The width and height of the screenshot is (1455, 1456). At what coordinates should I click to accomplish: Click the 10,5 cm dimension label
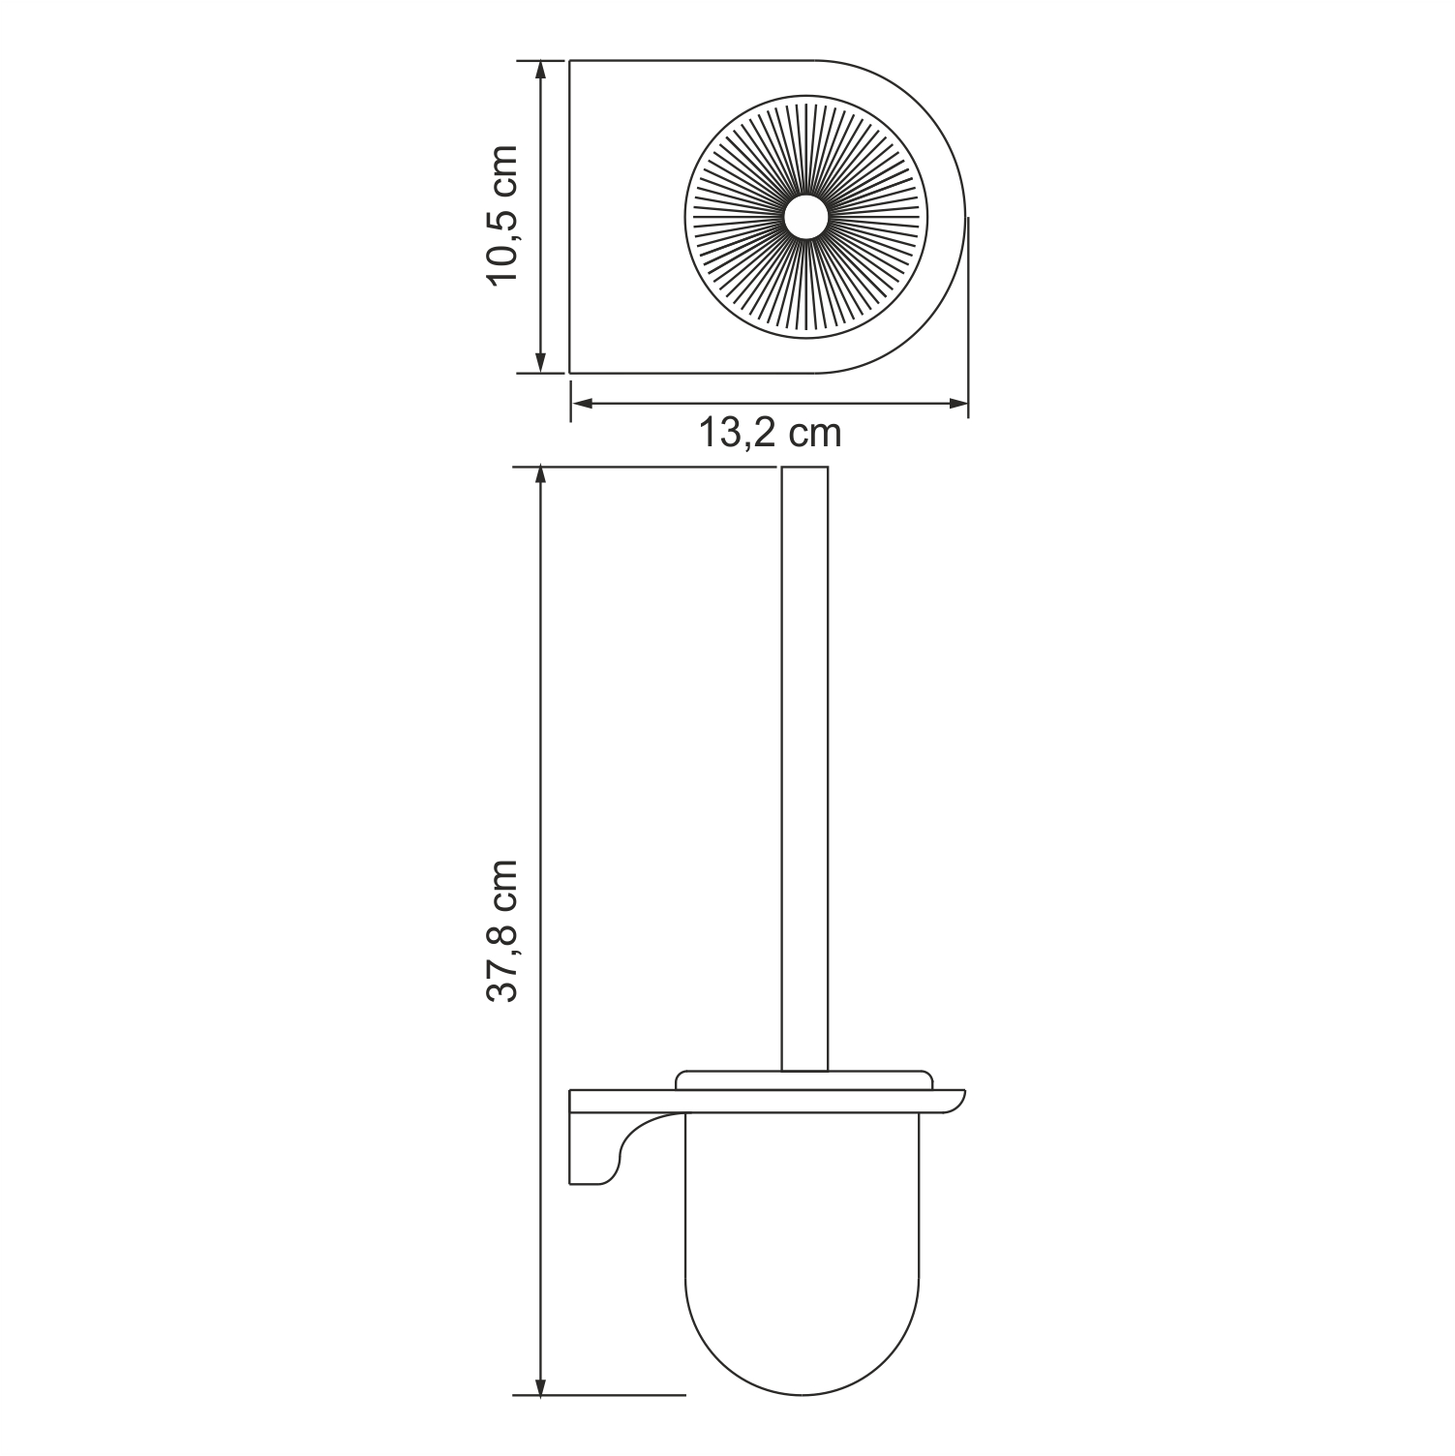click(504, 215)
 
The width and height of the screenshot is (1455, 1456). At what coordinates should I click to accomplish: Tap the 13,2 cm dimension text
click(771, 433)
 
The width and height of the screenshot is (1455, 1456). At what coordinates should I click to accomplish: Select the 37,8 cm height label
click(504, 930)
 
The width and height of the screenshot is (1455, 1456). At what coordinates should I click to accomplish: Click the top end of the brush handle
click(803, 470)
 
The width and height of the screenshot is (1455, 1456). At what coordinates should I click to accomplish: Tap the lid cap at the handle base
click(803, 1080)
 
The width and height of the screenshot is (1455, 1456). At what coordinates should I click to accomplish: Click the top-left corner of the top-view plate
click(570, 62)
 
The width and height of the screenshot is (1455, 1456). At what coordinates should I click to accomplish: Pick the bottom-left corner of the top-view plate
click(570, 372)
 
